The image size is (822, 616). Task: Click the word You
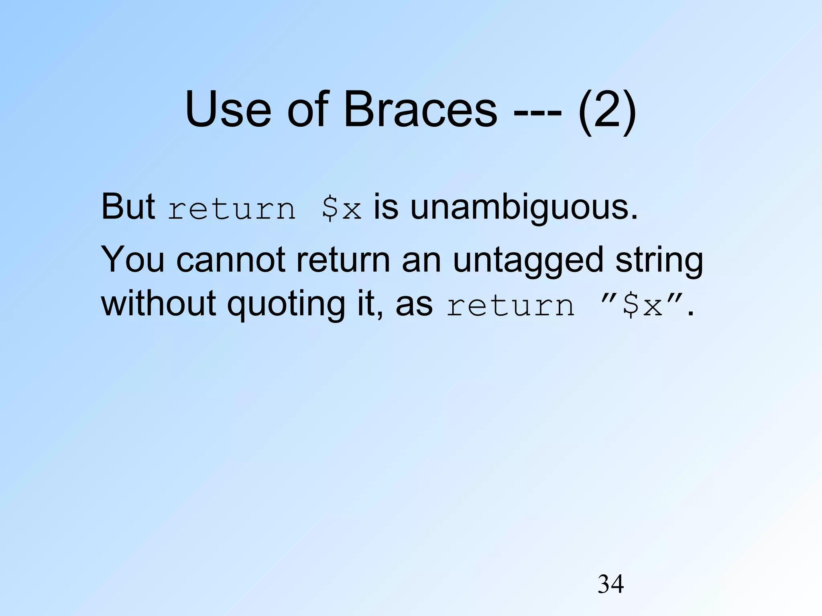(132, 259)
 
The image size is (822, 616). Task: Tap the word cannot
(230, 259)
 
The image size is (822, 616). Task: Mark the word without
(159, 303)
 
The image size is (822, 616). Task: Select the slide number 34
(610, 584)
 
